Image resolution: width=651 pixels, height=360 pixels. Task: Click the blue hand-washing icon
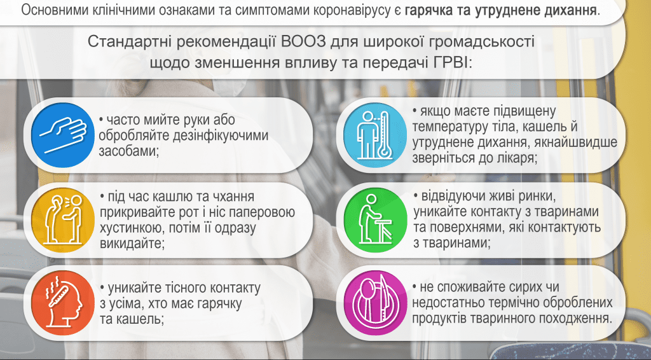click(63, 135)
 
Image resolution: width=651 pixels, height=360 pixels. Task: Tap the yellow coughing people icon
click(63, 220)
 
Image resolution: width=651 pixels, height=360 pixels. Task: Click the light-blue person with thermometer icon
click(375, 135)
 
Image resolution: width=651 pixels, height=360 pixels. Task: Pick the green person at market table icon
click(375, 220)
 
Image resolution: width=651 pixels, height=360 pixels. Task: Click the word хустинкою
click(128, 228)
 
